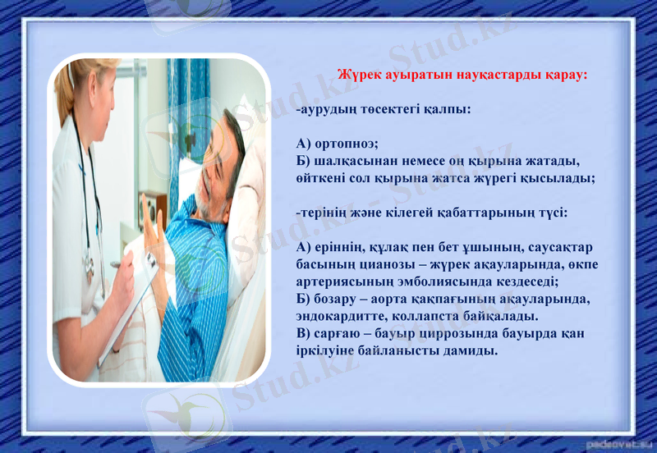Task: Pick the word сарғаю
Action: coord(338,333)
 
